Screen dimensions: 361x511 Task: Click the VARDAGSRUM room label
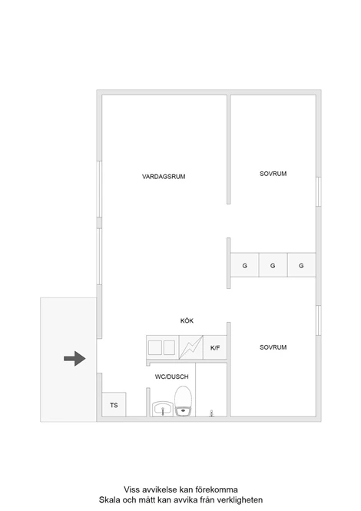(x=164, y=177)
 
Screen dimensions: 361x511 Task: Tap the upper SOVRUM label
(x=273, y=174)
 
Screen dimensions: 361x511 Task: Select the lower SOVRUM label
(x=273, y=347)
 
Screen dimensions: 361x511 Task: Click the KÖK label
(x=187, y=320)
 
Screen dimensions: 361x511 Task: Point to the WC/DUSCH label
(x=172, y=377)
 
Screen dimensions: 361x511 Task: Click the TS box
(x=114, y=404)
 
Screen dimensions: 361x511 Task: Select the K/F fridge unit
(x=215, y=347)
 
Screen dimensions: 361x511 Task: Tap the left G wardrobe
(x=245, y=265)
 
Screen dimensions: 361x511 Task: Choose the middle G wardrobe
(x=273, y=265)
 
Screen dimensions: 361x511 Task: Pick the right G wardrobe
(x=301, y=265)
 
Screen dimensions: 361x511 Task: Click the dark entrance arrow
(x=75, y=359)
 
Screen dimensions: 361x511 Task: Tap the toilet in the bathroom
(x=183, y=401)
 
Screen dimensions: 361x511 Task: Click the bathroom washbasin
(x=163, y=409)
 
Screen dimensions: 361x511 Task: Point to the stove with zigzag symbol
(x=191, y=347)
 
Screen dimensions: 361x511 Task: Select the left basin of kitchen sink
(x=155, y=348)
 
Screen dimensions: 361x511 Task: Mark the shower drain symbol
(x=211, y=413)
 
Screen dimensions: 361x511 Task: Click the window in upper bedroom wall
(x=319, y=191)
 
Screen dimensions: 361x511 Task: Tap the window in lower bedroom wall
(x=319, y=320)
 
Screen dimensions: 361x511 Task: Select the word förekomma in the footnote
(x=217, y=489)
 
